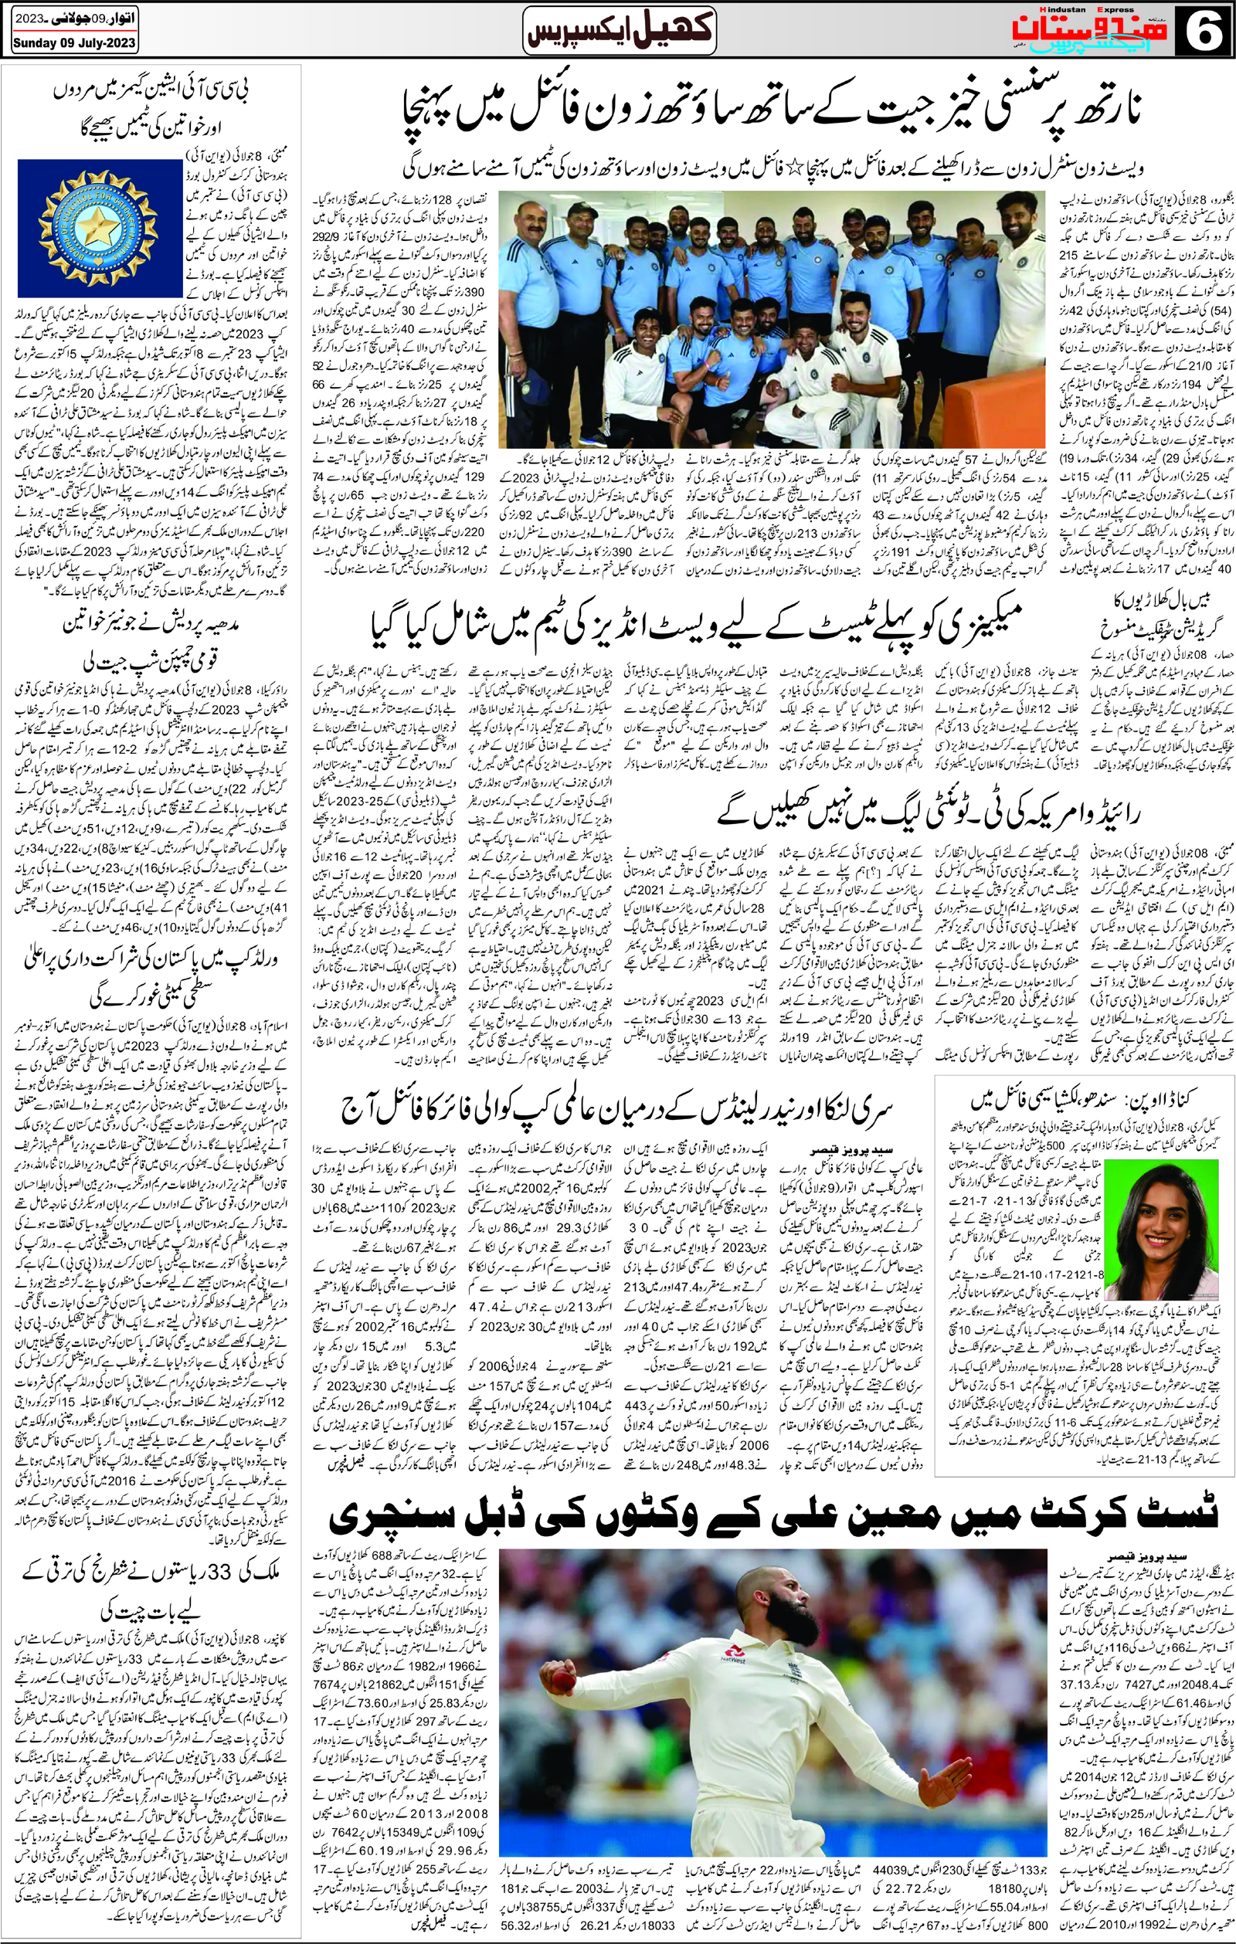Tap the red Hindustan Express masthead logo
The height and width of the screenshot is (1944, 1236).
[1114, 31]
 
